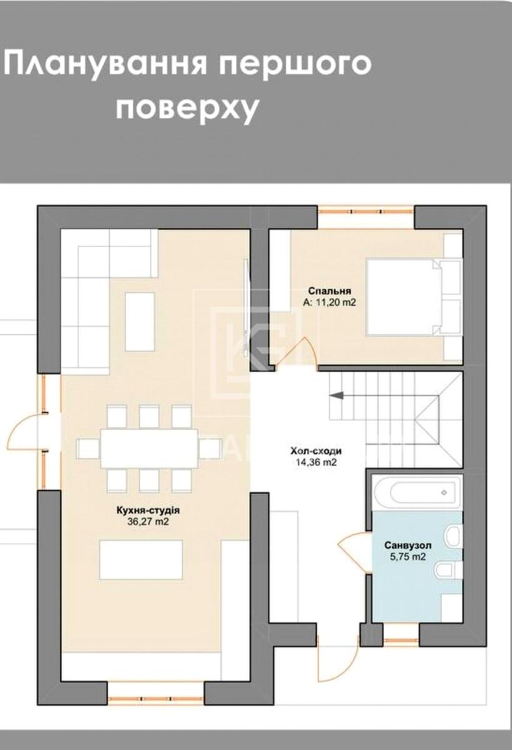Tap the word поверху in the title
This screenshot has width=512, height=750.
point(187,108)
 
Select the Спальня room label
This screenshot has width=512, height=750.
point(329,291)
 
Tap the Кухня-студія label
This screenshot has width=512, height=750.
point(144,511)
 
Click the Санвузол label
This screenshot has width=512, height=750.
point(408,545)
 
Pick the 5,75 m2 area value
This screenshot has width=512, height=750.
point(408,557)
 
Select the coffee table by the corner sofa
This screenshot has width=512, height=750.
point(140,321)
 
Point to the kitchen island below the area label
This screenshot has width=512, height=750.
point(141,559)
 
